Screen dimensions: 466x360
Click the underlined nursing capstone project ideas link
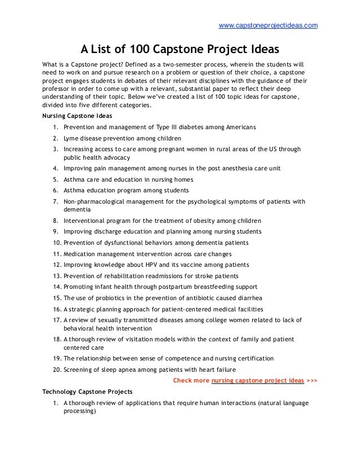click(x=257, y=381)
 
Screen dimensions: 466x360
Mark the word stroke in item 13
click(x=200, y=275)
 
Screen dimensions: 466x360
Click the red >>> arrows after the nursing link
click(x=311, y=381)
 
